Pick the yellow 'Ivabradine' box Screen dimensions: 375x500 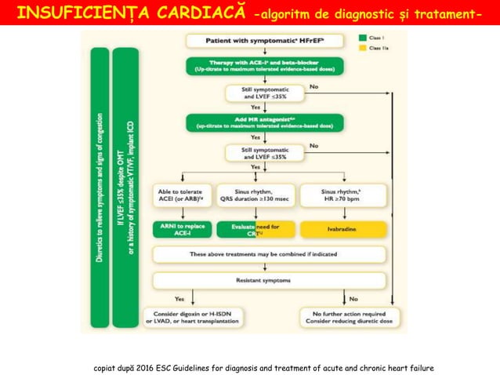pos(343,229)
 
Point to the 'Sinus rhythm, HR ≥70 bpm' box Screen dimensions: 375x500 pos(343,195)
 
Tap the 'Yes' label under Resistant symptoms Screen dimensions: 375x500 pos(179,299)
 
